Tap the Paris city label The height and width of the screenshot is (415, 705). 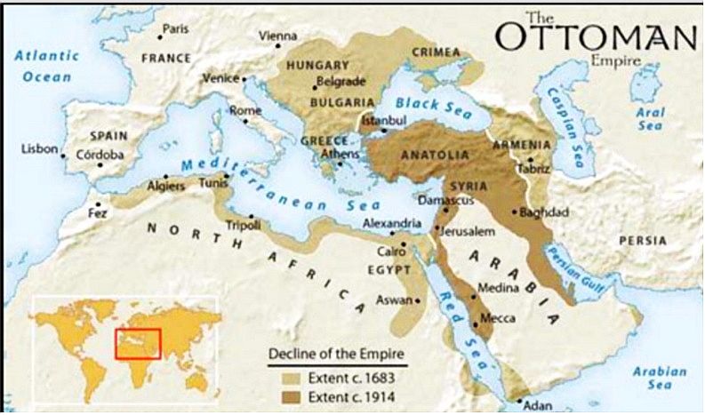tap(176, 28)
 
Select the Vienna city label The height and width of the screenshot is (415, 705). tap(276, 36)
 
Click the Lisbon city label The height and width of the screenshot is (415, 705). tap(39, 148)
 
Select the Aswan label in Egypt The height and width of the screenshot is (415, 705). tap(394, 299)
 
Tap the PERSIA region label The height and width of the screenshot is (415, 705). tap(643, 240)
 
